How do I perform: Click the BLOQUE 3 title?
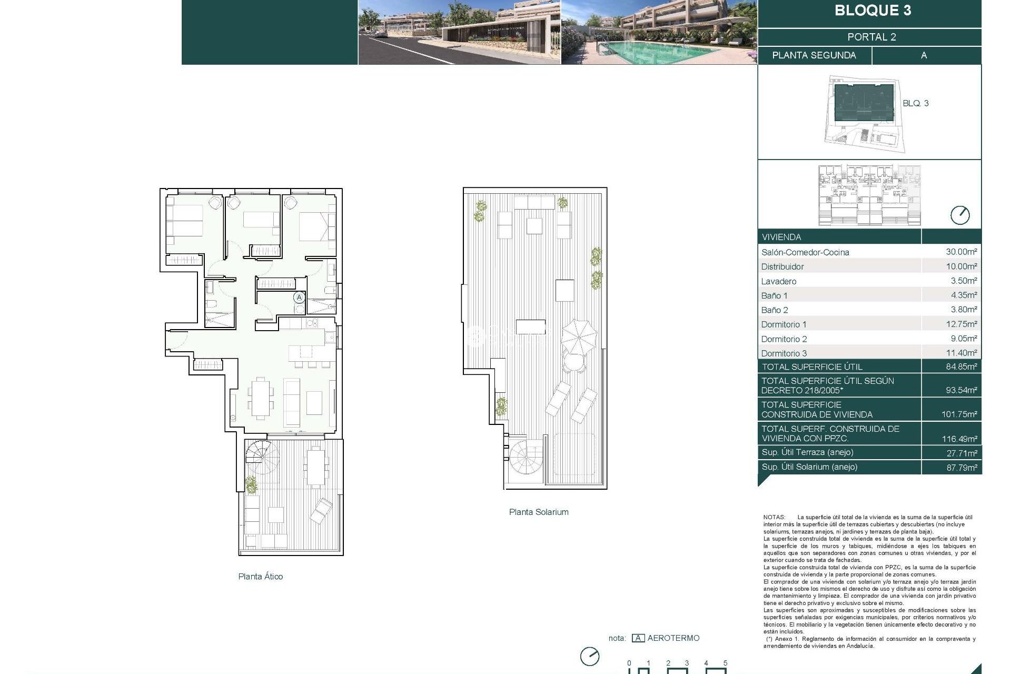point(873,11)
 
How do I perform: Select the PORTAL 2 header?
point(871,37)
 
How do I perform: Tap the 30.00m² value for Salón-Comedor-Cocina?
point(961,252)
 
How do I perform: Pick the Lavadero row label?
point(778,281)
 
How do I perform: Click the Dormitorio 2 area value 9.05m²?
point(964,339)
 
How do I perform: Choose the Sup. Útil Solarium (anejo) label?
point(809,467)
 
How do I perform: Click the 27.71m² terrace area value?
point(962,453)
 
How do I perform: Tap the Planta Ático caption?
point(260,576)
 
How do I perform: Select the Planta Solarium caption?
point(538,512)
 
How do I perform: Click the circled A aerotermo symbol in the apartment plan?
point(299,298)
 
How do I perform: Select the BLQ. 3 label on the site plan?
point(915,103)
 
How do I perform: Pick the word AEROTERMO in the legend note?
point(673,638)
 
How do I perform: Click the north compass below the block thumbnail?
point(959,215)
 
